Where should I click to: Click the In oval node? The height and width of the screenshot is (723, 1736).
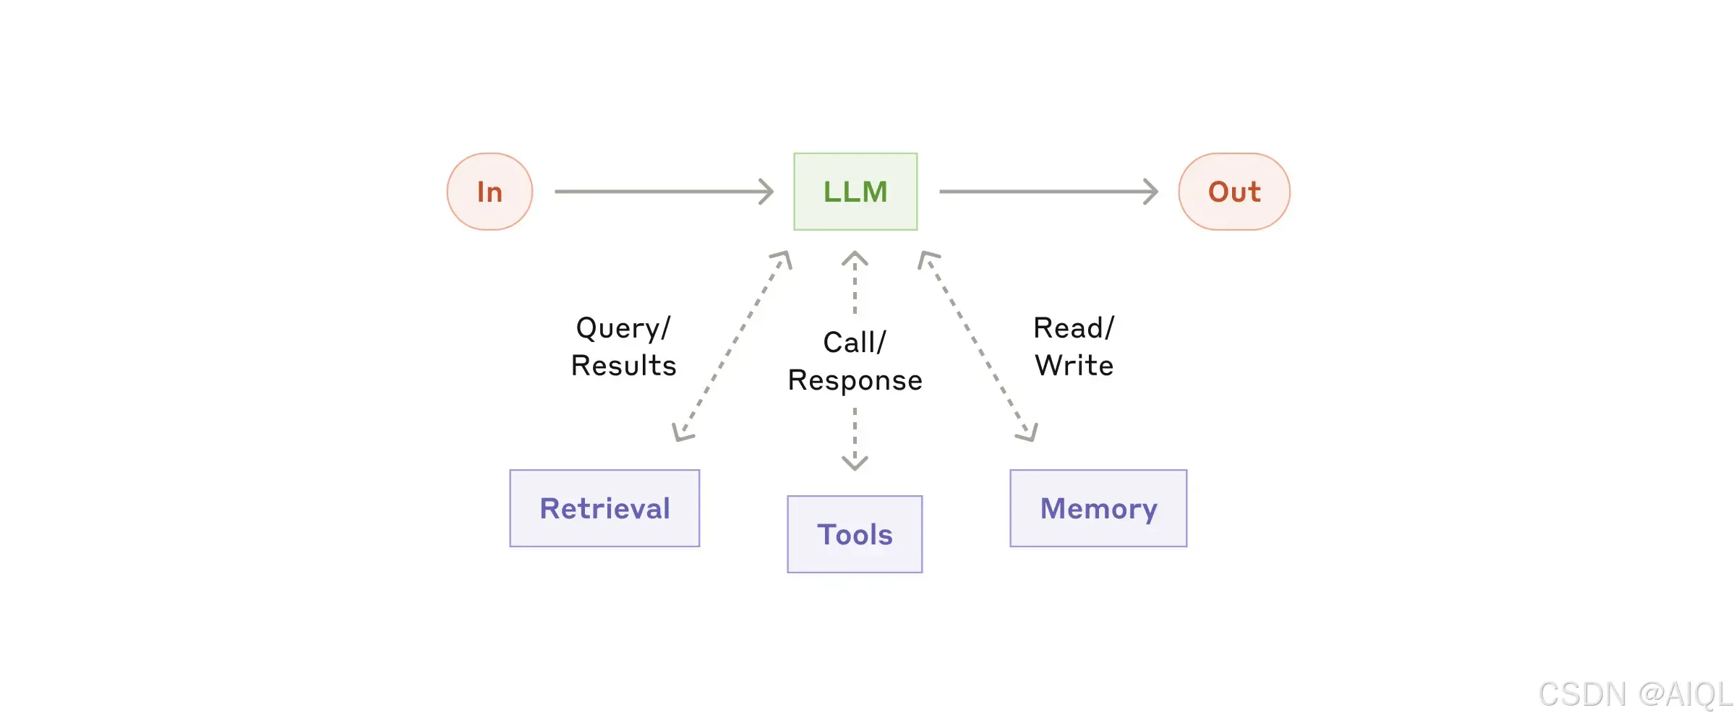coord(489,192)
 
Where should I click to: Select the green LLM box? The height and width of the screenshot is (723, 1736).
coord(855,192)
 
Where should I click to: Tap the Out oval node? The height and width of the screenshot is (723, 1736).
coord(1234,192)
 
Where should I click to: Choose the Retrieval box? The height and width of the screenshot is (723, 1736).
coord(604,508)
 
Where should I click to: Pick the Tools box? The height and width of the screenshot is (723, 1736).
coord(855,534)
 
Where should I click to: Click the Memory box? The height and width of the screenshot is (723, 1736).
coord(1098,508)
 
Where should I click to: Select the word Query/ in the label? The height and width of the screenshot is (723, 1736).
coord(623,328)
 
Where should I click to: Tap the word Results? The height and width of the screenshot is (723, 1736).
coord(623,366)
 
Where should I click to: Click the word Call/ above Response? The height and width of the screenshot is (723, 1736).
coord(855,343)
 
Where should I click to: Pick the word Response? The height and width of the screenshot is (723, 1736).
coord(855,381)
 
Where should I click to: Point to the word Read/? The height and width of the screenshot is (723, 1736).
coord(1074,328)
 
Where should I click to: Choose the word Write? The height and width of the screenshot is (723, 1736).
coord(1074,366)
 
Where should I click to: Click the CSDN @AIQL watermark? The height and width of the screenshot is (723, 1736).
coord(1635,695)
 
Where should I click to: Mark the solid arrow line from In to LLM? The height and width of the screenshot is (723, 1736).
coord(664,192)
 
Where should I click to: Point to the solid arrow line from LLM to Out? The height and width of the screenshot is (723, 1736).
coord(1048,192)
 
